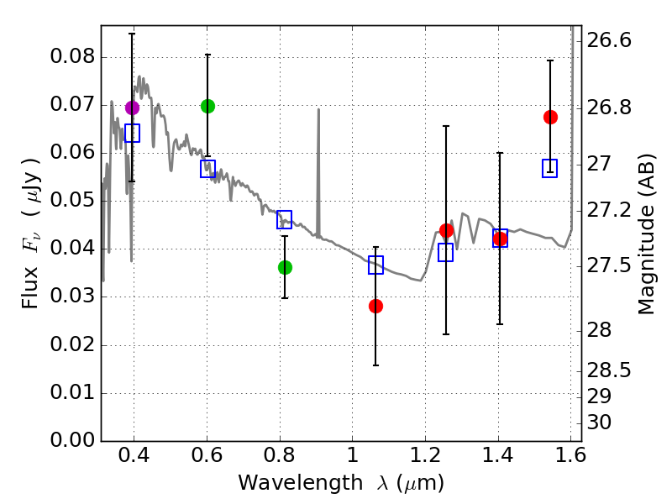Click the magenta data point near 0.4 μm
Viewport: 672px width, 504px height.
click(132, 108)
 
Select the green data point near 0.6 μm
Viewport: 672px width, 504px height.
click(207, 106)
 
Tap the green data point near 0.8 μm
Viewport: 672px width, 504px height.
click(285, 267)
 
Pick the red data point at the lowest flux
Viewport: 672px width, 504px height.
click(375, 306)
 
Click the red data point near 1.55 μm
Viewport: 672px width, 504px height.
click(550, 117)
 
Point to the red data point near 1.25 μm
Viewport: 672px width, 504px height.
click(446, 230)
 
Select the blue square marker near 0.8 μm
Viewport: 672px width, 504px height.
click(285, 220)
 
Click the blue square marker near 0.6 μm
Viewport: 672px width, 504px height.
click(207, 168)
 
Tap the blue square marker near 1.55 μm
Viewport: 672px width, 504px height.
click(550, 168)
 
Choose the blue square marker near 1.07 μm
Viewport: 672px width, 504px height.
click(375, 265)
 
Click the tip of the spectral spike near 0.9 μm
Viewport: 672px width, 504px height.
click(318, 109)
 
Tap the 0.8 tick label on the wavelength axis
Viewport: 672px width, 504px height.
click(280, 459)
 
